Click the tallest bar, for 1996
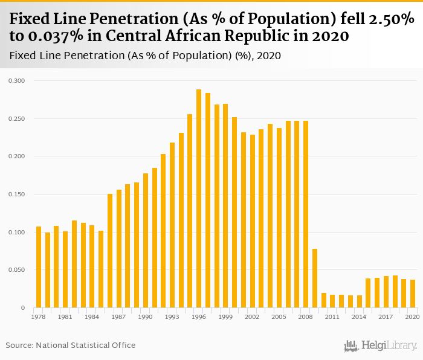(199, 199)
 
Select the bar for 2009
(315, 278)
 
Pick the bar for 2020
(413, 294)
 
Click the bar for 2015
(368, 293)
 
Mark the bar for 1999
(225, 206)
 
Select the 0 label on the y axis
(22, 308)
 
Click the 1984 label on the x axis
(92, 317)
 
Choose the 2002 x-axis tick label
(253, 317)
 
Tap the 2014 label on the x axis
(359, 317)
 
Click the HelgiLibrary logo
(381, 346)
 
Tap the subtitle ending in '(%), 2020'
(145, 56)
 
